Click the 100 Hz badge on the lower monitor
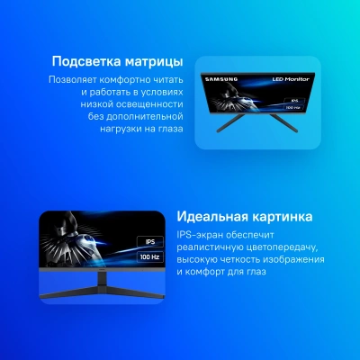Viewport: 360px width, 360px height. (148, 256)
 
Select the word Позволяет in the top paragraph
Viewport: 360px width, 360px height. (75, 80)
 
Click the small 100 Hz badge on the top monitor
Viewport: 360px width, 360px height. (290, 108)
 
